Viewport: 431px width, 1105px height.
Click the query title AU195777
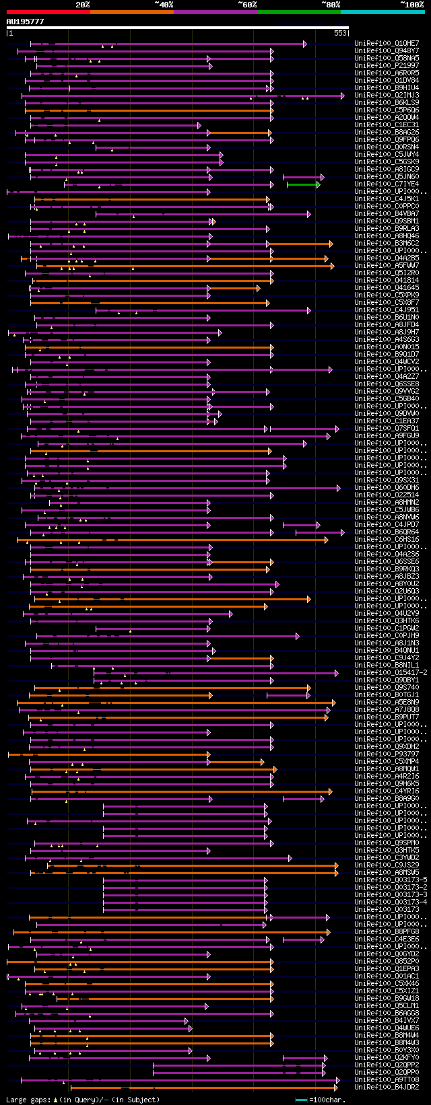pos(25,22)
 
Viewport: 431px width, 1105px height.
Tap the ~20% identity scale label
pos(82,5)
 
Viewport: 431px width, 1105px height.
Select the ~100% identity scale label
pos(411,5)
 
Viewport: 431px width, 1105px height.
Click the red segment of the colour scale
pos(48,12)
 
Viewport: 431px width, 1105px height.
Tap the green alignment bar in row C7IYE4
pos(302,184)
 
